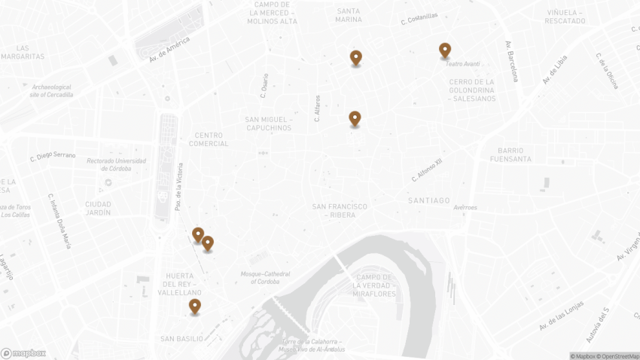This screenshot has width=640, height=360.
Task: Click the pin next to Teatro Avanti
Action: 445,50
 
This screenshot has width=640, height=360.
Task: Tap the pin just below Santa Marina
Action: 355,58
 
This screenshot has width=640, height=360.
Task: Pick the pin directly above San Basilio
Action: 195,307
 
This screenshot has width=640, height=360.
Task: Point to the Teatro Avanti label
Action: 462,64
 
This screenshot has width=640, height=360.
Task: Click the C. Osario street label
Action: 264,86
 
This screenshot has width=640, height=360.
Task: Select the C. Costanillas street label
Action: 419,20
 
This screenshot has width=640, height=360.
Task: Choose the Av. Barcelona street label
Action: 512,61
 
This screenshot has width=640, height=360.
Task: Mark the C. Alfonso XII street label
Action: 427,170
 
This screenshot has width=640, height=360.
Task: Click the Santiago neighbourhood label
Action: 429,200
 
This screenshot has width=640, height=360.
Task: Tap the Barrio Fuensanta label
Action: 510,154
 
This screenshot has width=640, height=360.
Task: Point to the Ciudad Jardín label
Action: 98,208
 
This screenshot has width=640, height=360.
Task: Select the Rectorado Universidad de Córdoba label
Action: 117,164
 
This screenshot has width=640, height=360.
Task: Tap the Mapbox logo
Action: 23,353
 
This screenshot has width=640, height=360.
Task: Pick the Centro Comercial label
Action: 209,139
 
